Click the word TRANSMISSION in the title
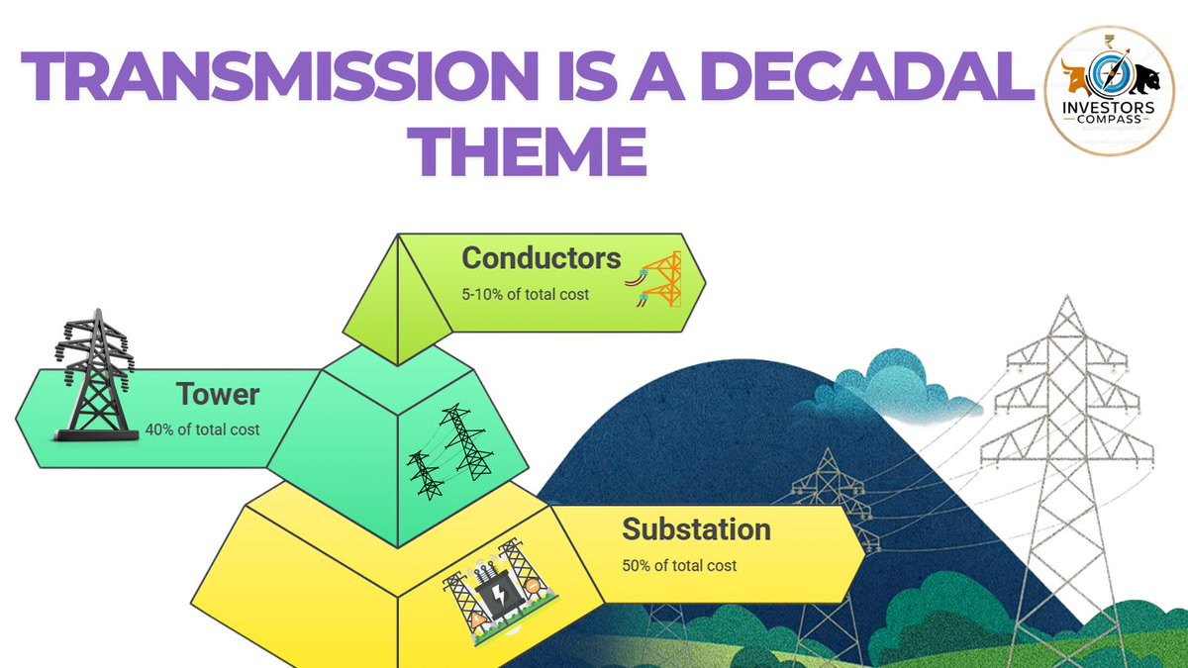(x=279, y=76)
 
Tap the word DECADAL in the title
(x=871, y=76)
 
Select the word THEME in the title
(x=527, y=151)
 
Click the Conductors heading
(x=541, y=258)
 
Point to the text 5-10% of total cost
(x=525, y=295)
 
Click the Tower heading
(x=218, y=395)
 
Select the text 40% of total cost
(x=203, y=429)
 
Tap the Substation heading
(x=696, y=529)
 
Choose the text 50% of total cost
(x=679, y=566)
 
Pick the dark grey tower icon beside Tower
(x=95, y=375)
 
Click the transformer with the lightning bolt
(x=500, y=593)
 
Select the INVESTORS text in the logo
(x=1109, y=108)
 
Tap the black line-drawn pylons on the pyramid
(x=449, y=451)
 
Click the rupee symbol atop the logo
(x=1109, y=42)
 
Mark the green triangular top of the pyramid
(x=398, y=300)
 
